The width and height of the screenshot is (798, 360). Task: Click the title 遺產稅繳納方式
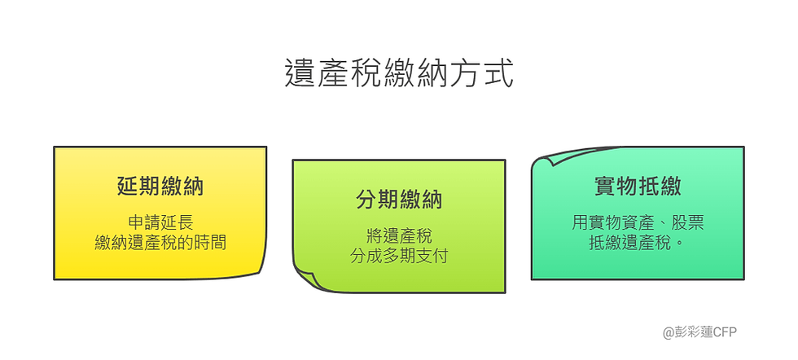tap(399, 72)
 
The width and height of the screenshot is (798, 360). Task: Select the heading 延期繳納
tap(160, 187)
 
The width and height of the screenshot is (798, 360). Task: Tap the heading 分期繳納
tap(399, 200)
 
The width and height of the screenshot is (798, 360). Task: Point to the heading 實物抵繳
tap(638, 187)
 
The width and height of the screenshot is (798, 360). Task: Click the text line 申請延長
tap(160, 222)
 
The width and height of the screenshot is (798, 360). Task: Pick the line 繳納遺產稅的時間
tap(160, 241)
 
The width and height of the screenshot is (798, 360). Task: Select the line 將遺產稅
tap(399, 236)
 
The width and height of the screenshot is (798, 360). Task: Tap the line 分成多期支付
tap(399, 256)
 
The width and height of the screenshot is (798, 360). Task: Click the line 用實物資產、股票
tap(638, 222)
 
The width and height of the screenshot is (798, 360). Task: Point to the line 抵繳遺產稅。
tap(638, 241)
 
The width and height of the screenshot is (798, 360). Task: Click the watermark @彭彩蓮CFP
tap(699, 332)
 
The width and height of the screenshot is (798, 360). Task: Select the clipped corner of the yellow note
tap(257, 269)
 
